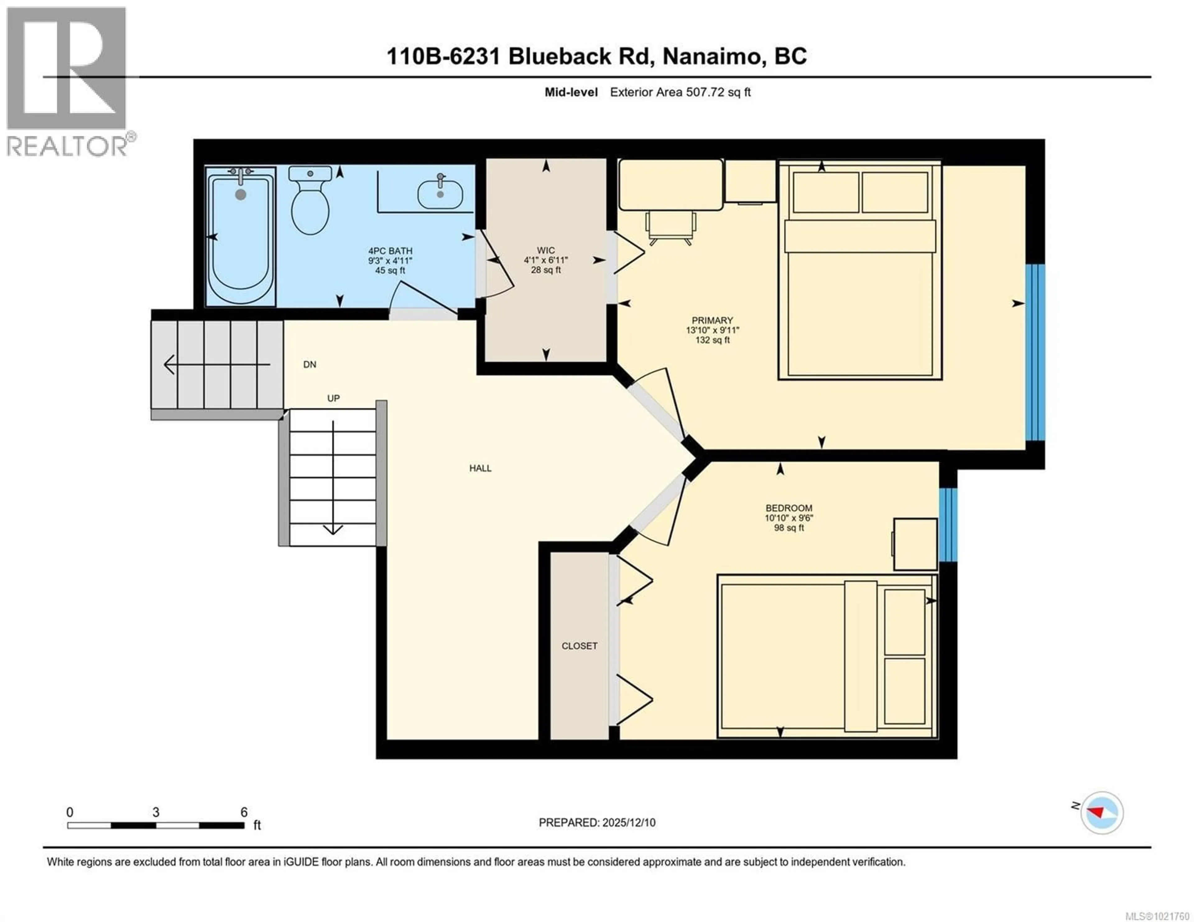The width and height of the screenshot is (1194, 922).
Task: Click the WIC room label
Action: (546, 250)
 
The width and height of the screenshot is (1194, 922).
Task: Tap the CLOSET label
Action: (580, 646)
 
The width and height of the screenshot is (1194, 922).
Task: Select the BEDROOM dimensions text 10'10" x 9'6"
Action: (789, 518)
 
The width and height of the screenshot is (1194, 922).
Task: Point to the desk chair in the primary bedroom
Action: (671, 227)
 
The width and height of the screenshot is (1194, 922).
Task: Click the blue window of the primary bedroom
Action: (1035, 352)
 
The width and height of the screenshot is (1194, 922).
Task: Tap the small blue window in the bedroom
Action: (948, 525)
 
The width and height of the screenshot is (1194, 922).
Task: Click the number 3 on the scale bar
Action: (156, 812)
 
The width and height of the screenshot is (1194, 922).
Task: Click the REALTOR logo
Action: (67, 82)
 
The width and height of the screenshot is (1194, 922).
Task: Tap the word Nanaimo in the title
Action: (711, 56)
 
